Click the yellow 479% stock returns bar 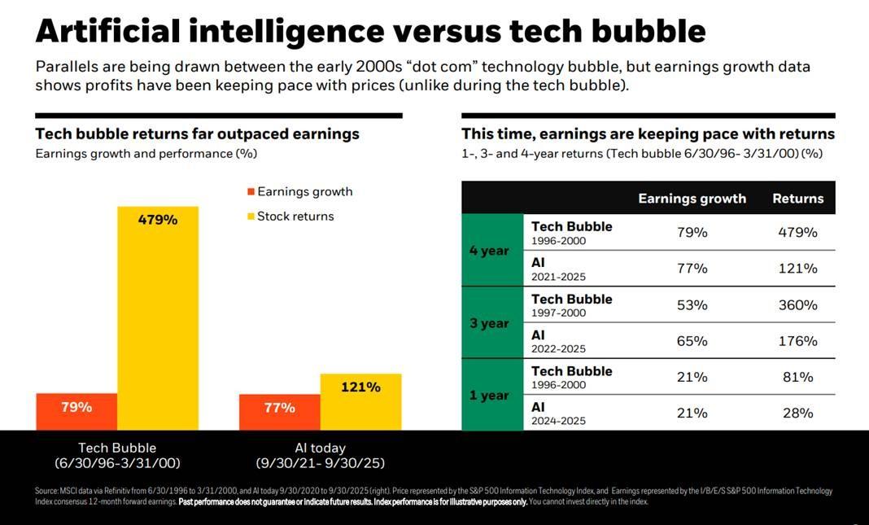coord(158,317)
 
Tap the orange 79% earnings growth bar coord(76,411)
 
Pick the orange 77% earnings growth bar coord(279,412)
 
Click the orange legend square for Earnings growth coord(251,192)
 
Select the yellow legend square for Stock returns coord(251,217)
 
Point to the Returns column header coord(797,199)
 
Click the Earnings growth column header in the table coord(692,199)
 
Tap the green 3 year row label coord(489,323)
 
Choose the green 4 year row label coord(489,251)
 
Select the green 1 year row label coord(489,396)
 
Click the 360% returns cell coord(797,305)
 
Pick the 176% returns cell coord(797,341)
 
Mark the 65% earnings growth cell coord(692,341)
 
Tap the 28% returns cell coord(797,413)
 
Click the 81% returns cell coord(797,377)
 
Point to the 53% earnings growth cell coord(692,305)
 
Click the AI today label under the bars coord(320,448)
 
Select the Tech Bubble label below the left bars coord(117,448)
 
